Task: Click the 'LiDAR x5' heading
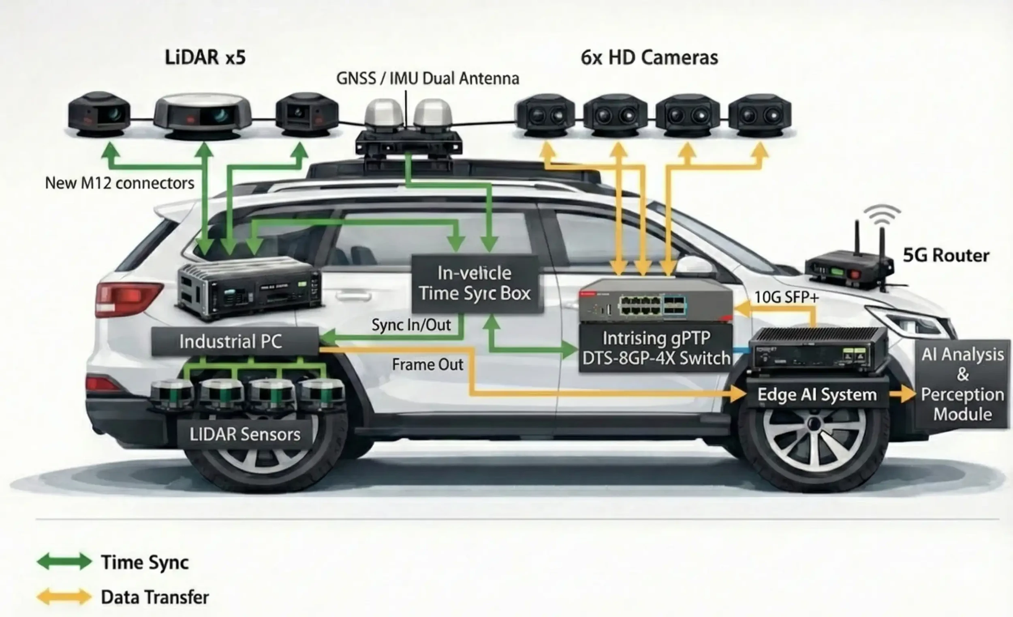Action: point(205,57)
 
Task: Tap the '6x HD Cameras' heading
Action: point(649,57)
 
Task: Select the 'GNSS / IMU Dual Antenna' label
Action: point(427,79)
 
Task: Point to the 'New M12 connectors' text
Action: point(119,183)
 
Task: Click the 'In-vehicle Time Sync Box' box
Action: point(475,284)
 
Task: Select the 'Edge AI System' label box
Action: point(816,395)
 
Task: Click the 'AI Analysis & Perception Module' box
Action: point(962,384)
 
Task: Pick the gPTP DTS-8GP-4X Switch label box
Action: point(656,348)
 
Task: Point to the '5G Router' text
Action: point(946,255)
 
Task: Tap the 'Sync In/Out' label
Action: point(411,326)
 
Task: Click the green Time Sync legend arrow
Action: point(64,562)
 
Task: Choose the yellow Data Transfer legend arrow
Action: point(64,597)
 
